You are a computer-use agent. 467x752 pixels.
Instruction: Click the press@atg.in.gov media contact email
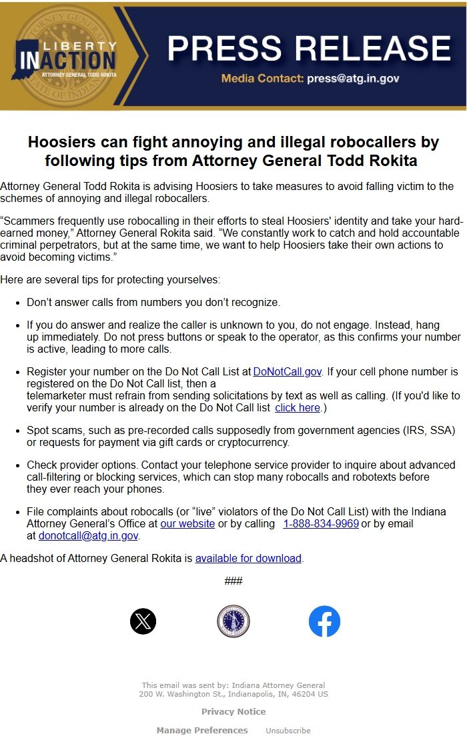pos(353,78)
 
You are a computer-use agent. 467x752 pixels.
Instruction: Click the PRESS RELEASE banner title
pos(309,48)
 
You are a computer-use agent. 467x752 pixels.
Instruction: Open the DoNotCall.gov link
pos(287,371)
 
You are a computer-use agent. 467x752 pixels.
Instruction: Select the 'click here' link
pos(297,407)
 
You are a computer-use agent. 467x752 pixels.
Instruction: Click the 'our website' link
pos(187,523)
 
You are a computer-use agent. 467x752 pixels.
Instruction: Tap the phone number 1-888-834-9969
pos(321,523)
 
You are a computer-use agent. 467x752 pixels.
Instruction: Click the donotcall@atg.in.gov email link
pos(88,535)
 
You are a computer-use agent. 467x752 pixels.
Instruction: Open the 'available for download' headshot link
pos(248,558)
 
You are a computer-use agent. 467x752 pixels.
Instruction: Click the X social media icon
pos(143,621)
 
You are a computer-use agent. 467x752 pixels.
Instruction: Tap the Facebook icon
pos(324,621)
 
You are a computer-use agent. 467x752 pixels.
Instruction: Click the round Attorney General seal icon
pos(233,621)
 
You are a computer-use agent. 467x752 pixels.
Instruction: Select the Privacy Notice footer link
pos(233,711)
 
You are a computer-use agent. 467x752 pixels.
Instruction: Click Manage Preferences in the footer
pos(202,730)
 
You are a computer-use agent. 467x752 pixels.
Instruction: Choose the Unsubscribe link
pos(288,731)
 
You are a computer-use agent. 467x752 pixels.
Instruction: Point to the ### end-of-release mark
pos(233,581)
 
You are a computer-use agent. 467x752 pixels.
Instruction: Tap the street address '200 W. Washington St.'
pos(175,694)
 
